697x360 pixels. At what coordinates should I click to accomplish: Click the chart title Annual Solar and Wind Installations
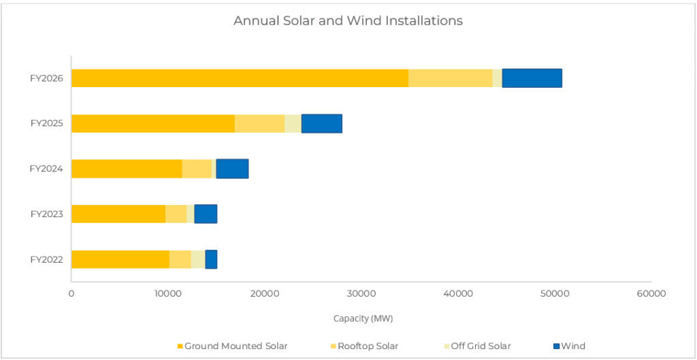[348, 20]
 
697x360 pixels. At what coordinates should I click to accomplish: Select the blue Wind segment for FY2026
[532, 78]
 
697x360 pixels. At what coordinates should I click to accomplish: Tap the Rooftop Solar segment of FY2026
[450, 78]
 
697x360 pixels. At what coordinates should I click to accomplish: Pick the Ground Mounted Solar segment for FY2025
[153, 123]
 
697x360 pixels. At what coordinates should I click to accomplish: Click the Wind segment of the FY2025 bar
[321, 123]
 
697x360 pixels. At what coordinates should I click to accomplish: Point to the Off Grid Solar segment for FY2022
[198, 259]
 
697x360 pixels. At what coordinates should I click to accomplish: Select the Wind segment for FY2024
[232, 169]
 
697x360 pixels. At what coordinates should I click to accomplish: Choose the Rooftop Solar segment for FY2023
[176, 214]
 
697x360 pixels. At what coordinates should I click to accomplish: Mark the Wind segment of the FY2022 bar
[211, 259]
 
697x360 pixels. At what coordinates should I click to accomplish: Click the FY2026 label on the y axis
[46, 78]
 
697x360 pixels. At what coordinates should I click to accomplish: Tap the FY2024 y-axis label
[46, 169]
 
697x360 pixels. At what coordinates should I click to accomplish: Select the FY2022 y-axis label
[46, 259]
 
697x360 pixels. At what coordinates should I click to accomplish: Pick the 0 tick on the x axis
[71, 293]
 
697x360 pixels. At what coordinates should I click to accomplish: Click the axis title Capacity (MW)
[363, 318]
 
